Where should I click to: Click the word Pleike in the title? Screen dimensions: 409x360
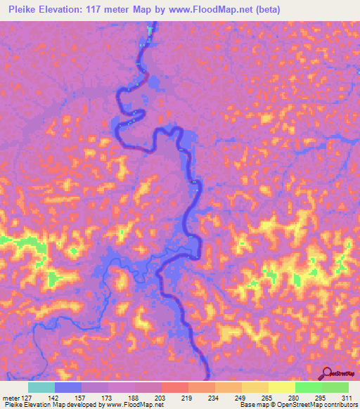(20, 8)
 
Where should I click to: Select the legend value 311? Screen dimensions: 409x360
(345, 398)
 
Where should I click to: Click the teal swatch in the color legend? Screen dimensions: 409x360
(41, 387)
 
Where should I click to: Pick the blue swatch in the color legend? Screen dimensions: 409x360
(68, 387)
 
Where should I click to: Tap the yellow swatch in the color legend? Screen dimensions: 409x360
(281, 387)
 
